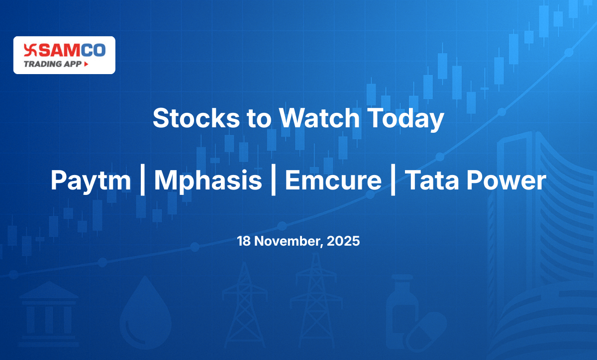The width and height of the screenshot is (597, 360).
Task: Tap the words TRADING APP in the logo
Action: click(53, 64)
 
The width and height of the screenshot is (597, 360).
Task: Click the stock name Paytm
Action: click(91, 181)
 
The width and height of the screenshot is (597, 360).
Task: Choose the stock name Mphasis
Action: click(208, 181)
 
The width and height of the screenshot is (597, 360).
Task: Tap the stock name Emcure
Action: click(333, 181)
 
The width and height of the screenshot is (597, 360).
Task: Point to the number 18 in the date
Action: click(243, 242)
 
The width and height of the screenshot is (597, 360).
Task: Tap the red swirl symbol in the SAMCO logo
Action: click(30, 50)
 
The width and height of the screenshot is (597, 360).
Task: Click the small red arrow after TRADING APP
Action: click(86, 64)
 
